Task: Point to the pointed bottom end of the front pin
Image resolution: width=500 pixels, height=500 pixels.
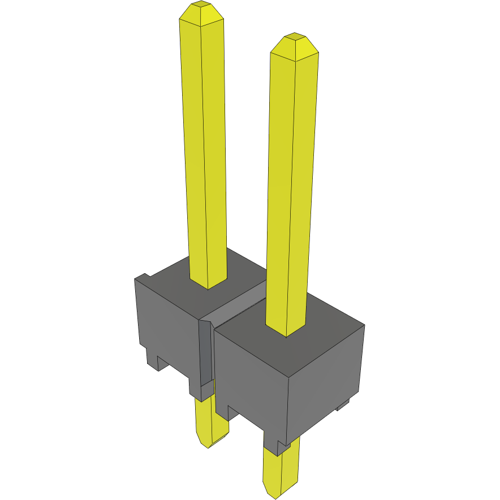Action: (274, 494)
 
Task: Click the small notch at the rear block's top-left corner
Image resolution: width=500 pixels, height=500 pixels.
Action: (143, 277)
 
